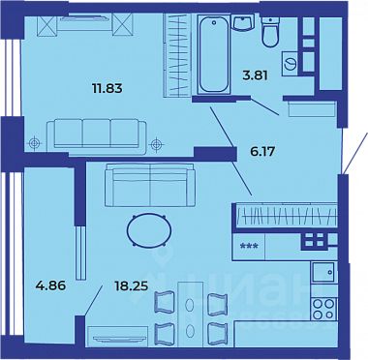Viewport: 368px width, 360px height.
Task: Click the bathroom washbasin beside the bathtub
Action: pyautogui.click(x=246, y=23)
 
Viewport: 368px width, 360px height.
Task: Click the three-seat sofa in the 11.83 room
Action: pyautogui.click(x=96, y=133)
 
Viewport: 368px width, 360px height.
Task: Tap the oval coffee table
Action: pyautogui.click(x=153, y=231)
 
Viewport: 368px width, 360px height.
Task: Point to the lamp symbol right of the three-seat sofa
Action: pyautogui.click(x=157, y=145)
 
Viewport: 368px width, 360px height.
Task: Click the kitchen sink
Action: pyautogui.click(x=322, y=273)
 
